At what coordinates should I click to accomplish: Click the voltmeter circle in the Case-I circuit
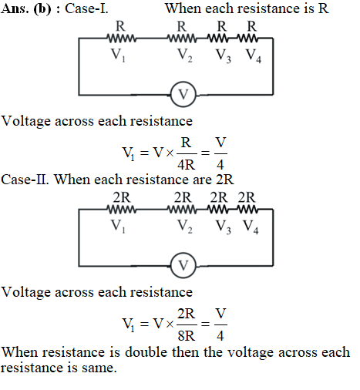tap(183, 83)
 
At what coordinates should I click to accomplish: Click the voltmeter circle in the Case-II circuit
tap(183, 254)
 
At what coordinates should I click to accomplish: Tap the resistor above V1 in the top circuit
tap(122, 39)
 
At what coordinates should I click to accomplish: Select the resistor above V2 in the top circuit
tap(182, 39)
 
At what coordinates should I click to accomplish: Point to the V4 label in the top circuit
tap(254, 55)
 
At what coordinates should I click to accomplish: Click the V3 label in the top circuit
tap(224, 55)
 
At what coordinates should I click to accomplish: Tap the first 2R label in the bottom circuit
tap(122, 197)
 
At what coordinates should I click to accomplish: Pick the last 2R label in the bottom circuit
tap(247, 197)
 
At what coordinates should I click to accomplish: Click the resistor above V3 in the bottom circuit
tap(217, 210)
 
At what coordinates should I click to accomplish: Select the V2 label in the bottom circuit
tap(185, 227)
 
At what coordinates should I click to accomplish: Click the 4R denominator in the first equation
tap(187, 164)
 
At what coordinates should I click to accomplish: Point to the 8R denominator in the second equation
tap(187, 335)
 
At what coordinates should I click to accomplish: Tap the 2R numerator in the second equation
tap(187, 314)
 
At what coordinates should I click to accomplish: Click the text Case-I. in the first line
tap(86, 8)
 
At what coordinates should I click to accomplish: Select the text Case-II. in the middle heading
tap(25, 180)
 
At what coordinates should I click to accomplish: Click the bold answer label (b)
tap(42, 9)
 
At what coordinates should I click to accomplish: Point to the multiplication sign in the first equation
tap(170, 153)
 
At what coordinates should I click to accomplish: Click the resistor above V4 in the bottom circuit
tap(247, 210)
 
